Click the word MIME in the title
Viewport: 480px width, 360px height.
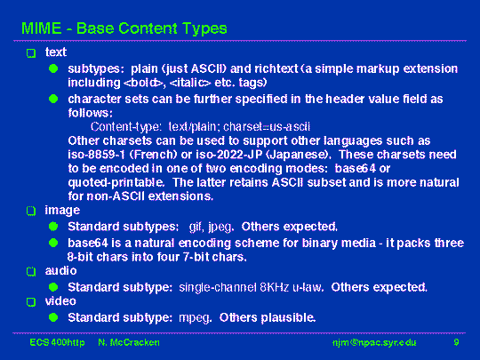pos(41,28)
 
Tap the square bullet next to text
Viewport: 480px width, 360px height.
pos(31,53)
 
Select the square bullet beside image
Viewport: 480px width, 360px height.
pos(31,211)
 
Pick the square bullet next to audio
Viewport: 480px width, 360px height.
pos(31,271)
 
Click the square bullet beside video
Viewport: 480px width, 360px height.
pos(31,302)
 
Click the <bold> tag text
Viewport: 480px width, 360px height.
pos(143,83)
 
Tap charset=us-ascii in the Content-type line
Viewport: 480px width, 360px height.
pos(267,127)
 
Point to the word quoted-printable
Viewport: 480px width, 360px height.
pos(116,183)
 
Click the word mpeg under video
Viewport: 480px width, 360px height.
pos(195,318)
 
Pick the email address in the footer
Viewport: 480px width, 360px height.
pos(374,342)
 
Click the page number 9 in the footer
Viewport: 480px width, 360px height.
pos(456,342)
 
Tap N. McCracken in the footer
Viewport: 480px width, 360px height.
pos(129,342)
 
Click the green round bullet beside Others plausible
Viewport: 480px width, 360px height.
pos(53,317)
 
